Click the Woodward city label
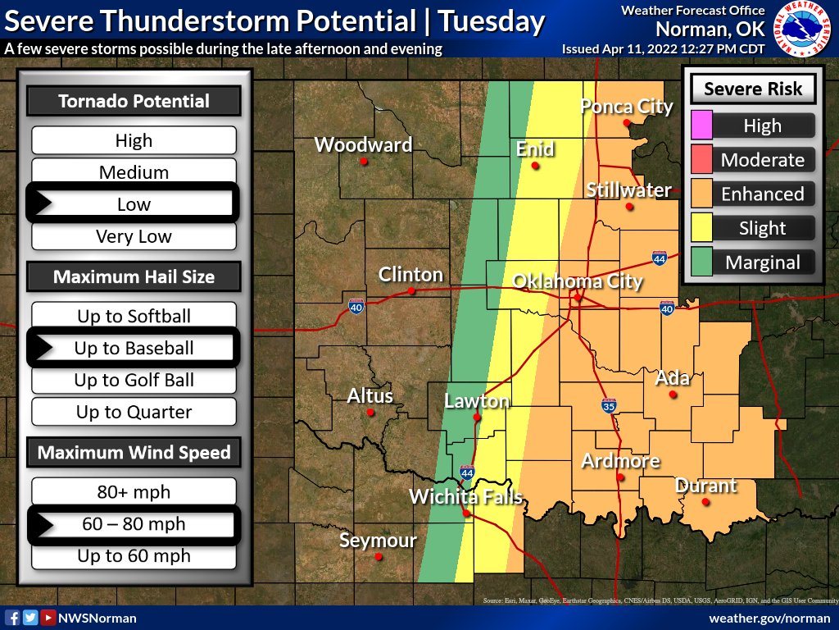[363, 145]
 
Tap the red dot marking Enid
[535, 166]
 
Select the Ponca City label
[627, 107]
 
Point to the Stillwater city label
[628, 190]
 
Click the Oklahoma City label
[578, 281]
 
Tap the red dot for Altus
[370, 413]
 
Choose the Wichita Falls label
[465, 496]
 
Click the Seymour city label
[378, 541]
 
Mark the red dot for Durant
[705, 503]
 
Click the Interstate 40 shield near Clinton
[356, 306]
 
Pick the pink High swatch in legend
[702, 126]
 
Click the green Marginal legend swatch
[702, 262]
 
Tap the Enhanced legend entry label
[762, 194]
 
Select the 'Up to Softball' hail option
[134, 316]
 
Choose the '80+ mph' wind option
[134, 492]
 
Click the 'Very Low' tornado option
[134, 236]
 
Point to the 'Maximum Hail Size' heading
[134, 276]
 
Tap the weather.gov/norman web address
[769, 618]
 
